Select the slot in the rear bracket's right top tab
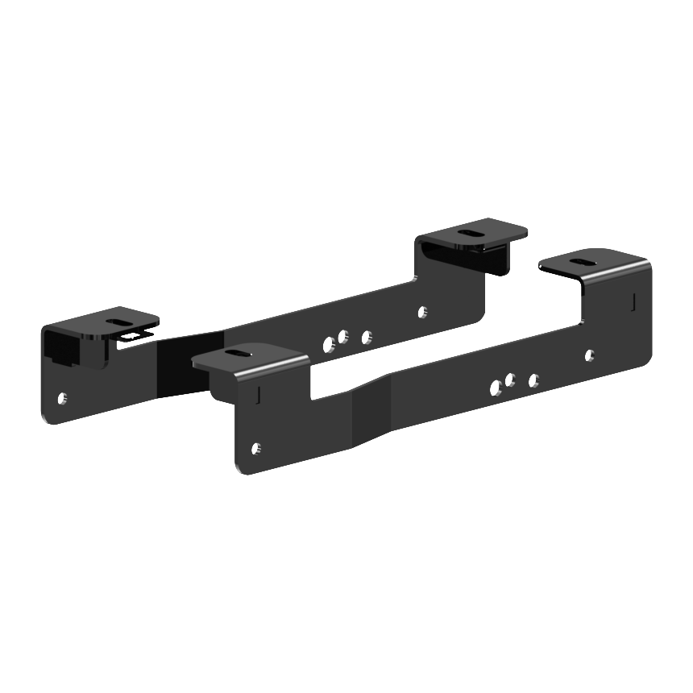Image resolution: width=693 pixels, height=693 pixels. point(468,232)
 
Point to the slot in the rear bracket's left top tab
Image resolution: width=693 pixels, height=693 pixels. point(119,322)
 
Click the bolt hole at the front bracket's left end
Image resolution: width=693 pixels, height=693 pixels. point(257,447)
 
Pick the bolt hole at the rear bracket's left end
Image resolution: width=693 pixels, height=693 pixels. point(63,396)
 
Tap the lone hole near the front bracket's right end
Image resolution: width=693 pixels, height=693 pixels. point(590,355)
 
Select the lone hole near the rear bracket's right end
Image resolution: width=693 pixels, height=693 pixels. point(423,309)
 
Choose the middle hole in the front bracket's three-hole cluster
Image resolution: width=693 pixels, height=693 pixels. point(511,379)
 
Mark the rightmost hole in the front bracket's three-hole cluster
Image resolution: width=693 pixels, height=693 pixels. point(533,379)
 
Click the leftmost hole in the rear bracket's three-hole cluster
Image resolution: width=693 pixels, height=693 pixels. point(329,345)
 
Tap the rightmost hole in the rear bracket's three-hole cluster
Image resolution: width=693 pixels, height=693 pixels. point(367,336)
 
